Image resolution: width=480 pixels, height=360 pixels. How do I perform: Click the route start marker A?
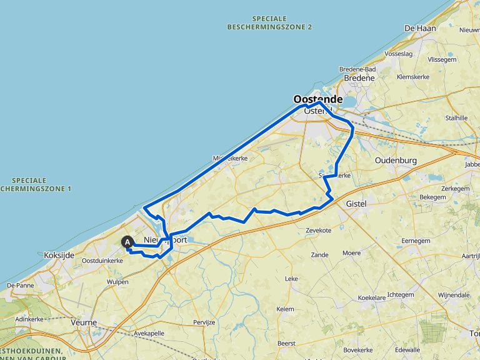tap(127, 242)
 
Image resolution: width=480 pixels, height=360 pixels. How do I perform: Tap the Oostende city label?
tap(317, 99)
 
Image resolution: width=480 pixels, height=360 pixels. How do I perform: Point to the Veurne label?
tap(84, 322)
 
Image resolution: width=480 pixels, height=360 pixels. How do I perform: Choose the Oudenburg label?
tap(396, 161)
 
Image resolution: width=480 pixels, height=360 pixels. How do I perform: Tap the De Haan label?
tap(419, 28)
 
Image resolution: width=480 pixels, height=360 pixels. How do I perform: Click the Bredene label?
tap(359, 78)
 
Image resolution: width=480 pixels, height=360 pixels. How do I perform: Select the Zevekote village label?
tap(318, 230)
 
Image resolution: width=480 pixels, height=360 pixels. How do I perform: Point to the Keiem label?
tap(284, 309)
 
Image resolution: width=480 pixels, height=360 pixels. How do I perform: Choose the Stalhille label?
tap(456, 117)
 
